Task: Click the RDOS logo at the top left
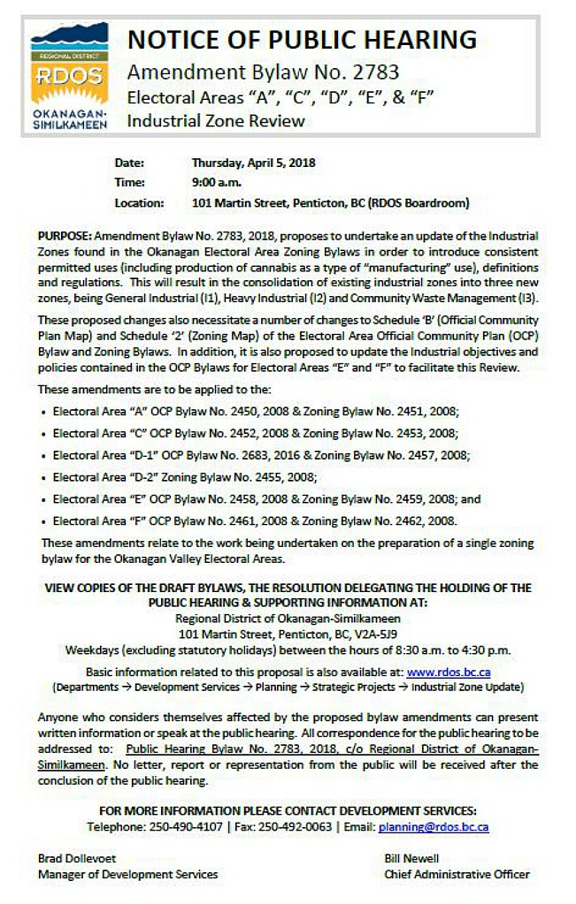[x=69, y=77]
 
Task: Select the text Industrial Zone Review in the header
[x=216, y=121]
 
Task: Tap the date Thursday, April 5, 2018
[x=253, y=163]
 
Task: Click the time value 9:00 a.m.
[x=217, y=182]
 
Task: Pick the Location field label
[x=139, y=202]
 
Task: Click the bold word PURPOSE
[x=64, y=238]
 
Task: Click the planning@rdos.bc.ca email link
[x=434, y=827]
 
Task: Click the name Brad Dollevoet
[x=77, y=858]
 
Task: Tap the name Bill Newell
[x=411, y=858]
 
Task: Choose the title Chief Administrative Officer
[x=457, y=874]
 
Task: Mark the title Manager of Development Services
[x=127, y=874]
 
